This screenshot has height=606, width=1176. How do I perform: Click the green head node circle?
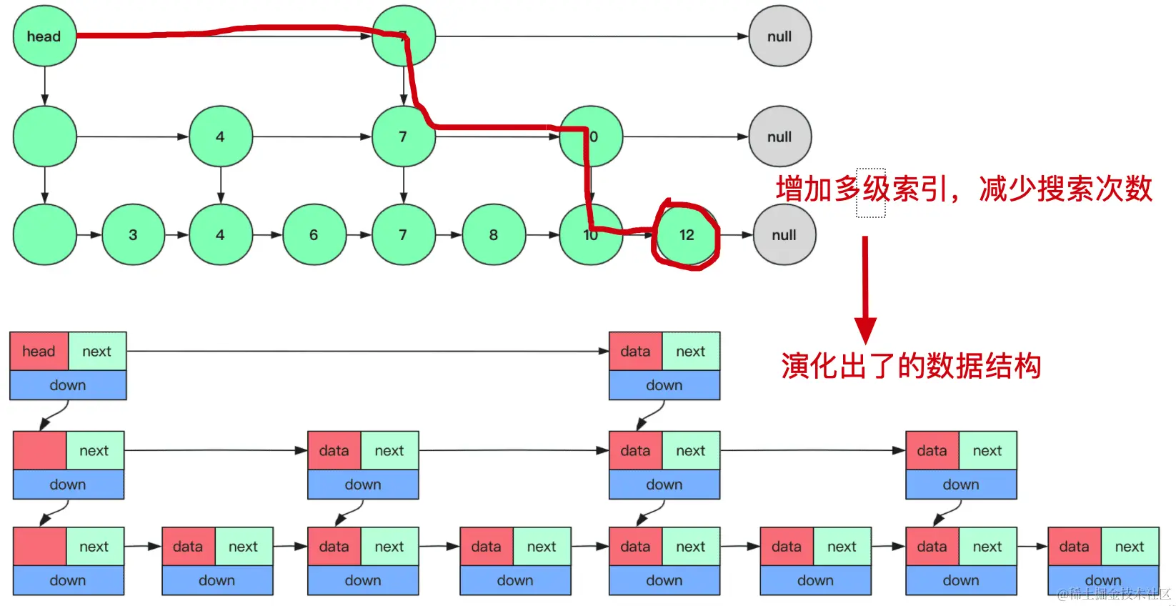click(44, 36)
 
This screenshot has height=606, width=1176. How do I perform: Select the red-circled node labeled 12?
click(687, 235)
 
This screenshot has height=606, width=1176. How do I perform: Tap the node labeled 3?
click(133, 235)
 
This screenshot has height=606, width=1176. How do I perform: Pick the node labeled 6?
click(314, 235)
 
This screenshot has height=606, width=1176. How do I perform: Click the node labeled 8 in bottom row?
click(493, 235)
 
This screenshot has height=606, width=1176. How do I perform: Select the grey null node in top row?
click(779, 36)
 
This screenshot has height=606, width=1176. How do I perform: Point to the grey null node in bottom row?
click(784, 235)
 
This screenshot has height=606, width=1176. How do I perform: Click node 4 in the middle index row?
click(220, 136)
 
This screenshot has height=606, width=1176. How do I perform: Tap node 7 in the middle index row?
click(403, 136)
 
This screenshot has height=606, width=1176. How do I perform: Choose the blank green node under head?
click(44, 136)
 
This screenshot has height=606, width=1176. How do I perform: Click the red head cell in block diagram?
click(39, 351)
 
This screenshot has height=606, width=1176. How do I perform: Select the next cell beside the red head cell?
click(97, 351)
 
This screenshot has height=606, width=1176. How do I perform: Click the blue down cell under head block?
click(68, 385)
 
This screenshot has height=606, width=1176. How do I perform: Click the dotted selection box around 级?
click(871, 193)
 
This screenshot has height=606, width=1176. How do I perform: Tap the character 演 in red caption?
click(795, 366)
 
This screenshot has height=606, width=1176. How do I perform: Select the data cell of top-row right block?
click(635, 351)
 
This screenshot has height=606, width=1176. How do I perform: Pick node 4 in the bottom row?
click(220, 235)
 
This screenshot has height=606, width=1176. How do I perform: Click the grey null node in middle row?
click(779, 136)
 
